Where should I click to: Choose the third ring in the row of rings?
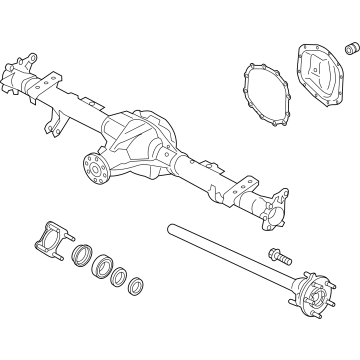pyautogui.click(x=118, y=281)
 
